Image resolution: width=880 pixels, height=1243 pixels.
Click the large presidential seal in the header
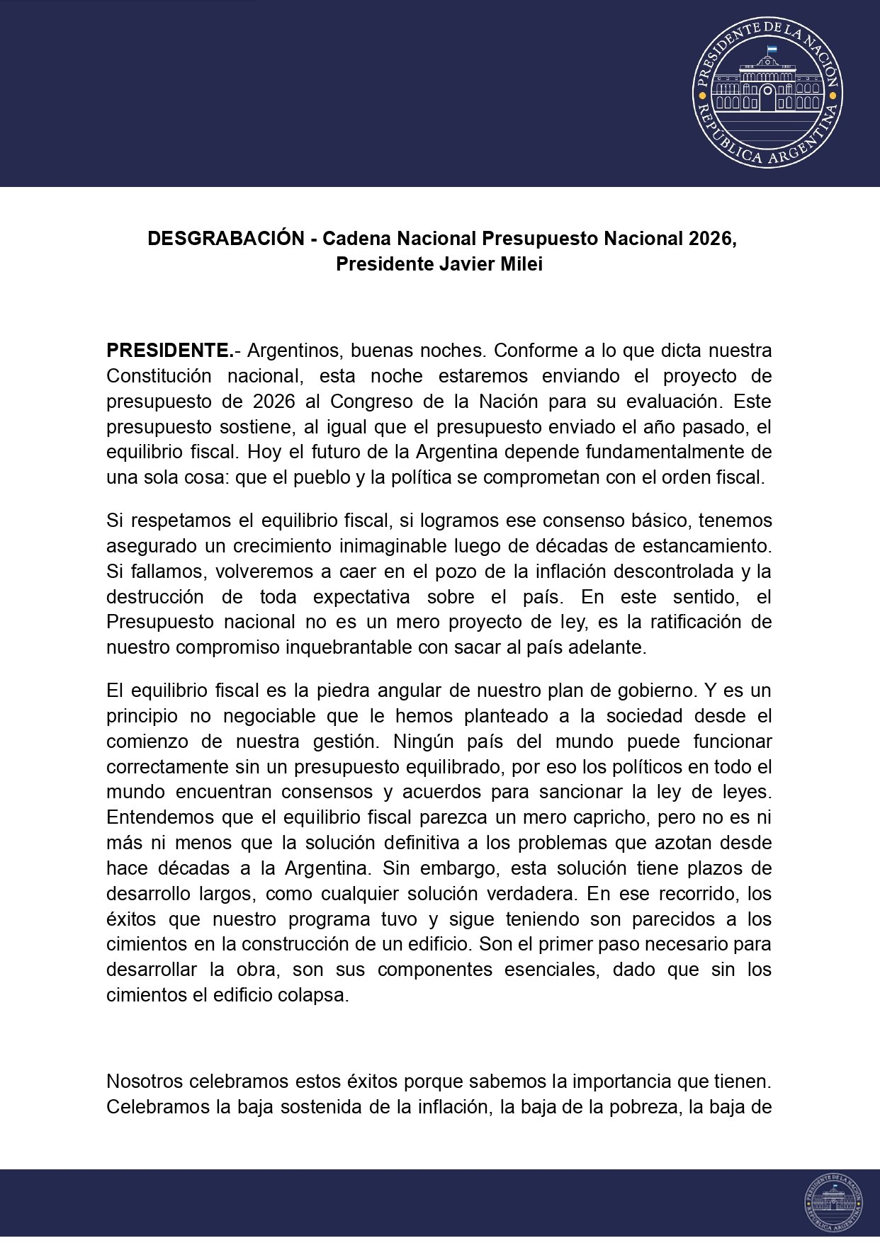click(x=767, y=92)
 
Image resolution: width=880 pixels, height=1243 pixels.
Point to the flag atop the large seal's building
click(x=771, y=50)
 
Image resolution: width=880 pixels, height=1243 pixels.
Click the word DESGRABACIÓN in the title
click(x=226, y=239)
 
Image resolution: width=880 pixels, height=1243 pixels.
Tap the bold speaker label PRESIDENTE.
click(x=169, y=351)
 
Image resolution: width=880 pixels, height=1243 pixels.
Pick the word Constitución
click(x=159, y=376)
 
